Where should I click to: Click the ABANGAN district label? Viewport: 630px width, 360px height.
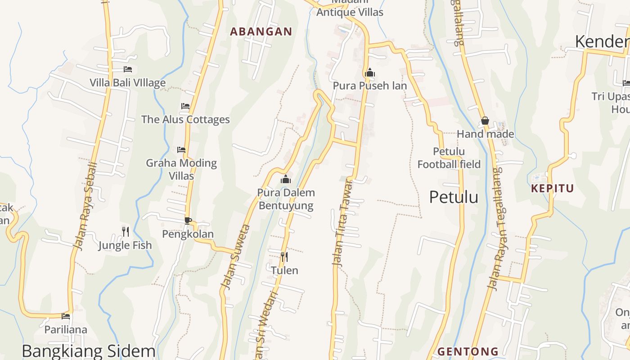pyautogui.click(x=261, y=31)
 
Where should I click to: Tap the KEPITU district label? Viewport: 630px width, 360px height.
pyautogui.click(x=553, y=188)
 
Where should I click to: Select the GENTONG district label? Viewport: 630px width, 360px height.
pyautogui.click(x=468, y=351)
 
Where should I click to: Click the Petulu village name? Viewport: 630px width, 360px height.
pyautogui.click(x=454, y=197)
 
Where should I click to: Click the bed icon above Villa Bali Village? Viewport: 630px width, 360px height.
pyautogui.click(x=128, y=69)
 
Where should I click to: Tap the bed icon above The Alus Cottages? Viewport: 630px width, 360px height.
pyautogui.click(x=185, y=106)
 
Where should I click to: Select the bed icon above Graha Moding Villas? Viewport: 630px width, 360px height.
pyautogui.click(x=181, y=149)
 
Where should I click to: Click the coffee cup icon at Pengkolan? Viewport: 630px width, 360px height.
pyautogui.click(x=188, y=220)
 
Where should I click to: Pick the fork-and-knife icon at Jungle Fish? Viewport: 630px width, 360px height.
pyautogui.click(x=126, y=232)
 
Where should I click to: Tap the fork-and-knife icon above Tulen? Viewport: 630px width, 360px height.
pyautogui.click(x=284, y=257)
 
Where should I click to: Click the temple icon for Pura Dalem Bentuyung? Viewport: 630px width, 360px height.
pyautogui.click(x=286, y=180)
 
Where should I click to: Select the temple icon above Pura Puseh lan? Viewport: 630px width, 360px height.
pyautogui.click(x=370, y=72)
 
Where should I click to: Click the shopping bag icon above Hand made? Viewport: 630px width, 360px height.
pyautogui.click(x=485, y=121)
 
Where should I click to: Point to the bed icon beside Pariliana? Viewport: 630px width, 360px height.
pyautogui.click(x=66, y=316)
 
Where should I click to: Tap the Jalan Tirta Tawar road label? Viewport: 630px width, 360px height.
pyautogui.click(x=342, y=223)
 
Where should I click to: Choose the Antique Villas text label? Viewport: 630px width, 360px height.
pyautogui.click(x=350, y=12)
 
